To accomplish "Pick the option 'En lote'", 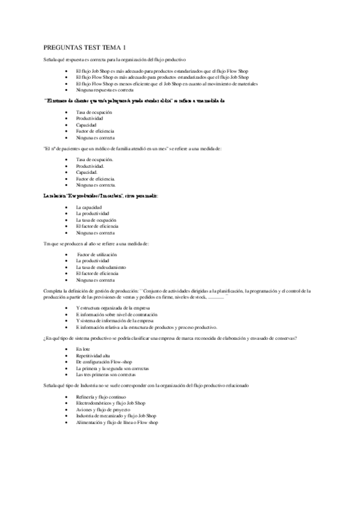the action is pos(83,349).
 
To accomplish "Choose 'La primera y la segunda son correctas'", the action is pos(112,368).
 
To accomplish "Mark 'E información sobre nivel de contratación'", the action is pos(117,315).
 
